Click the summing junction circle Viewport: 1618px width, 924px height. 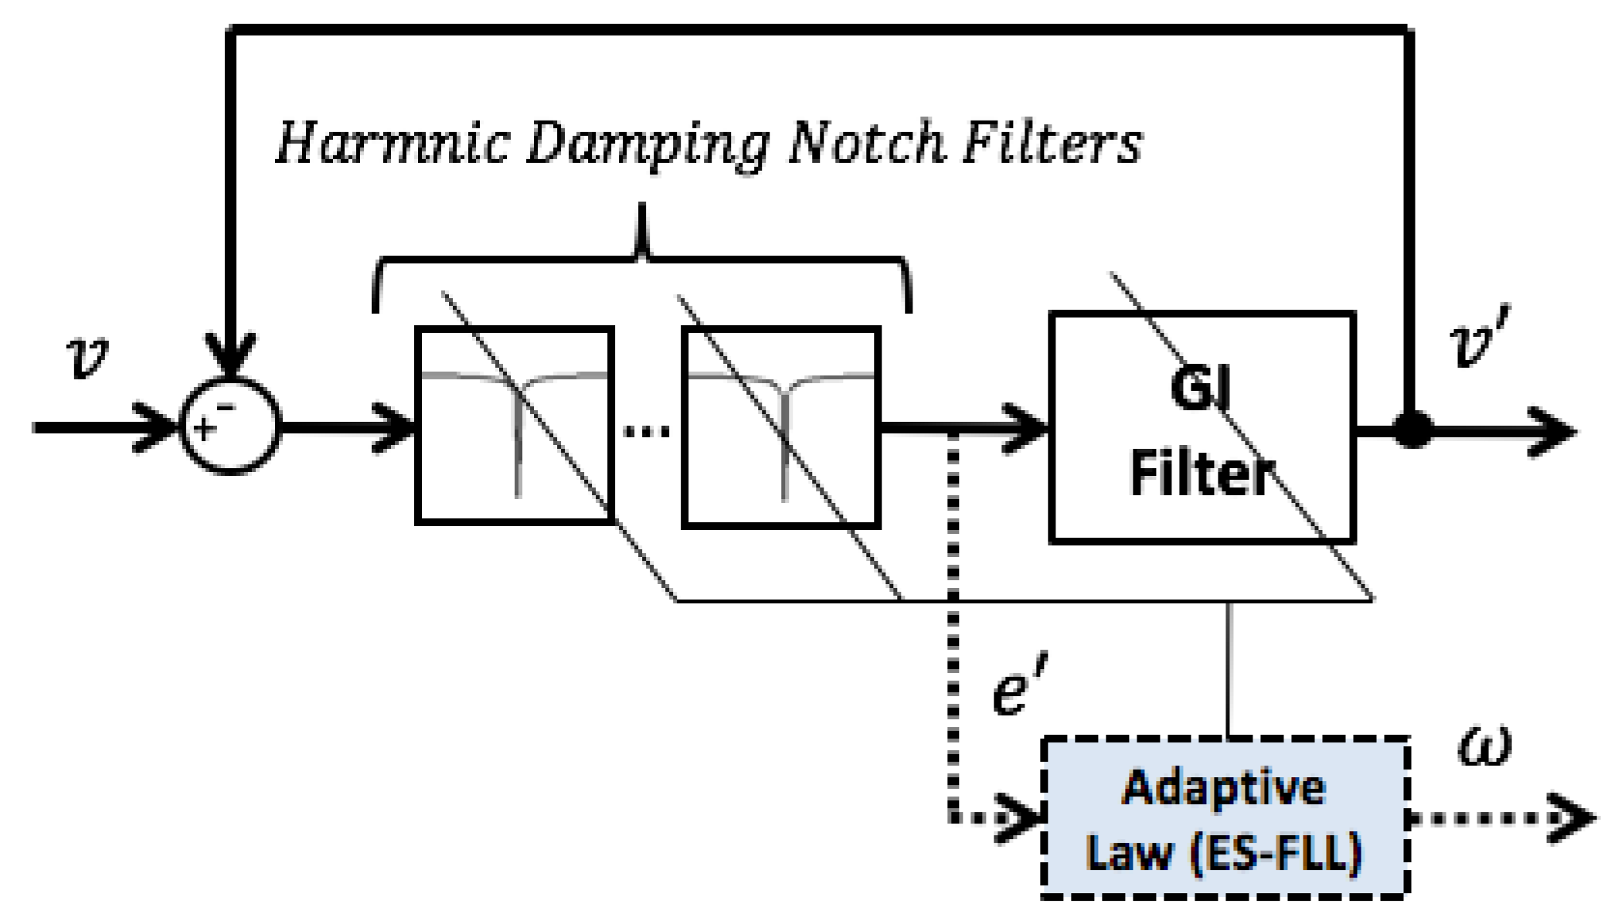[x=230, y=426]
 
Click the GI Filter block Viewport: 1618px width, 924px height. [x=1202, y=427]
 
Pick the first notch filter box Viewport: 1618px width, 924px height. [x=515, y=426]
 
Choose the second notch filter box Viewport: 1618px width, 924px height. [x=781, y=427]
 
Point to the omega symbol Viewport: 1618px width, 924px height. [x=1484, y=746]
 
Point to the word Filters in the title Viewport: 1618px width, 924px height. [x=1052, y=144]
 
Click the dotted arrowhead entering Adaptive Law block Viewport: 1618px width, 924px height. [x=1024, y=817]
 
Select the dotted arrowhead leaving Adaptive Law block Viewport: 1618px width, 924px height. [x=1576, y=817]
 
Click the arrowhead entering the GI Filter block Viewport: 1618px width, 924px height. [x=1028, y=427]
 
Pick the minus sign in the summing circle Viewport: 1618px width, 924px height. [x=225, y=406]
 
